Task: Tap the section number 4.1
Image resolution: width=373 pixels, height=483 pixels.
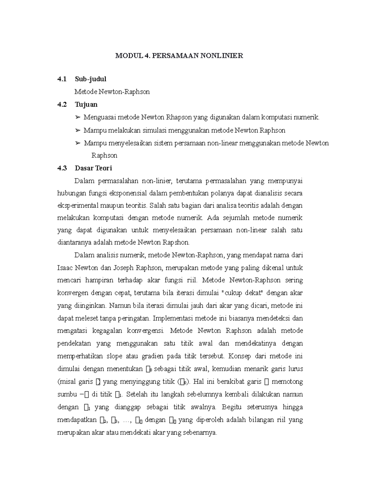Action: pos(62,79)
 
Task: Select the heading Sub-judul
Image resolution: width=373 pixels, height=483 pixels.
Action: pos(90,79)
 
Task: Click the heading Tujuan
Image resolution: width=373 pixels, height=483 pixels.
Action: pos(86,104)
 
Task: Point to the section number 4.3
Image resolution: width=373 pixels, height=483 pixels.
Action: pos(62,168)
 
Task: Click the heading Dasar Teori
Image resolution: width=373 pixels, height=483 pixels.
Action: pos(93,168)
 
